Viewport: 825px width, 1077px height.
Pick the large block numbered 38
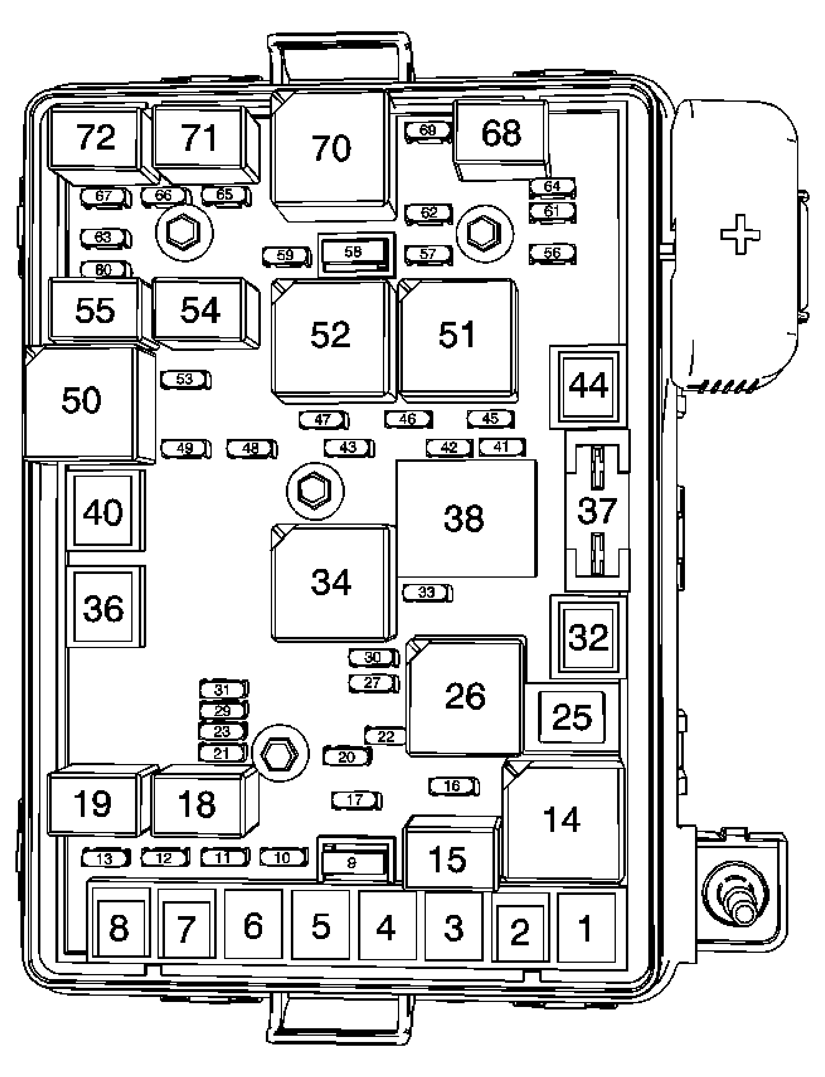coord(464,518)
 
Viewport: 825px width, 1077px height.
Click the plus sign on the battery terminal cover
coord(740,235)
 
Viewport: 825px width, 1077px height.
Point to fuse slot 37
coord(597,511)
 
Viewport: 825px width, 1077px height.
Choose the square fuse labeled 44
coord(588,386)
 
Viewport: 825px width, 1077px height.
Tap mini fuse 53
coord(185,379)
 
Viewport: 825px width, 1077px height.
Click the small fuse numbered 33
coord(426,593)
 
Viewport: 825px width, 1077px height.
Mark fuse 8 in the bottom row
coord(118,928)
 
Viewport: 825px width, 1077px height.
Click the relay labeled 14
coord(562,820)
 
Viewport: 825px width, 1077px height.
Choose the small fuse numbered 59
coord(286,255)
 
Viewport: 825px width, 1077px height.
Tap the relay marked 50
coord(81,400)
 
